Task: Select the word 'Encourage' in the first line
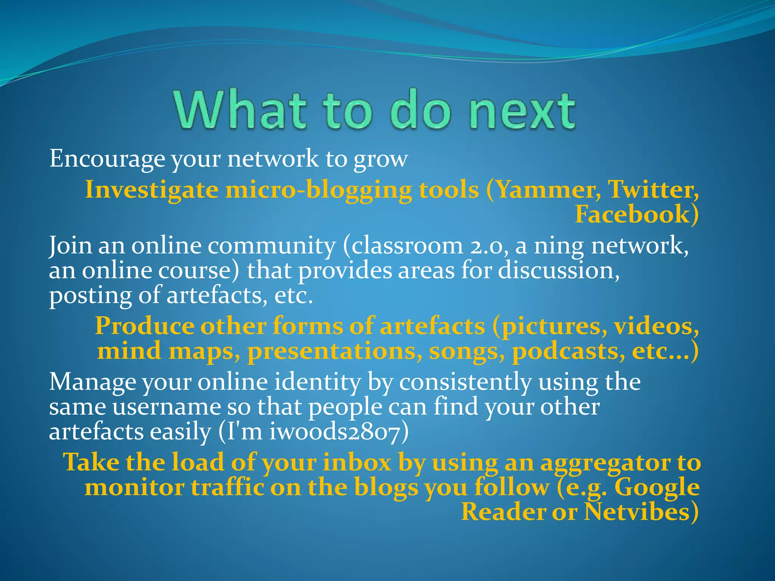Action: (x=107, y=159)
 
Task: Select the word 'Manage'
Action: (x=93, y=382)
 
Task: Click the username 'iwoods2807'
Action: (x=335, y=432)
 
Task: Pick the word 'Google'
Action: (x=657, y=487)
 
